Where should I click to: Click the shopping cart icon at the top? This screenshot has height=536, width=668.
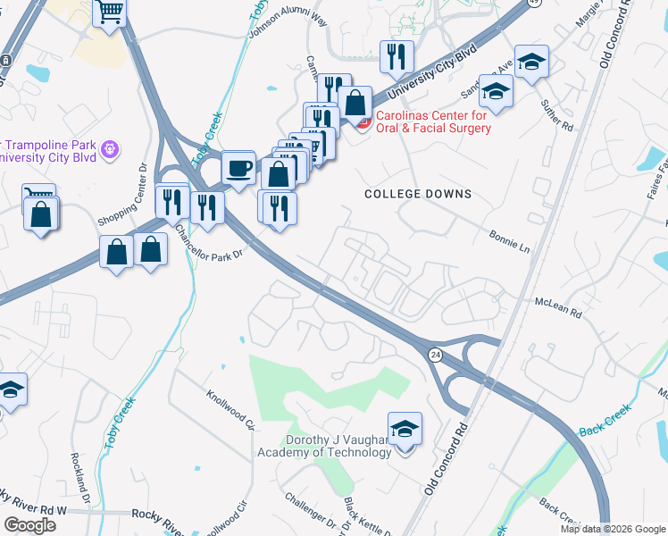[x=111, y=13]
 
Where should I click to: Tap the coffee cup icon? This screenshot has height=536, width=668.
[x=238, y=167]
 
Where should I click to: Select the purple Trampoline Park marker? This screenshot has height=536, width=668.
[x=110, y=150]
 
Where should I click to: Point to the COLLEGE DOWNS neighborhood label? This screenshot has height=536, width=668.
[x=418, y=194]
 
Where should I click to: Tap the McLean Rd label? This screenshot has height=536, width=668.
[x=559, y=309]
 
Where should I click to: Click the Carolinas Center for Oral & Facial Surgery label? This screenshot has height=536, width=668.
[x=432, y=121]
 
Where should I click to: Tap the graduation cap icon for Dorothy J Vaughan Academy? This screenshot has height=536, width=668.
[x=405, y=430]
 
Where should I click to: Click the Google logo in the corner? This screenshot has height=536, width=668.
[x=30, y=525]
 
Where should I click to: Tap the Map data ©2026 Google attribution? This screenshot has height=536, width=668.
[x=613, y=529]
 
